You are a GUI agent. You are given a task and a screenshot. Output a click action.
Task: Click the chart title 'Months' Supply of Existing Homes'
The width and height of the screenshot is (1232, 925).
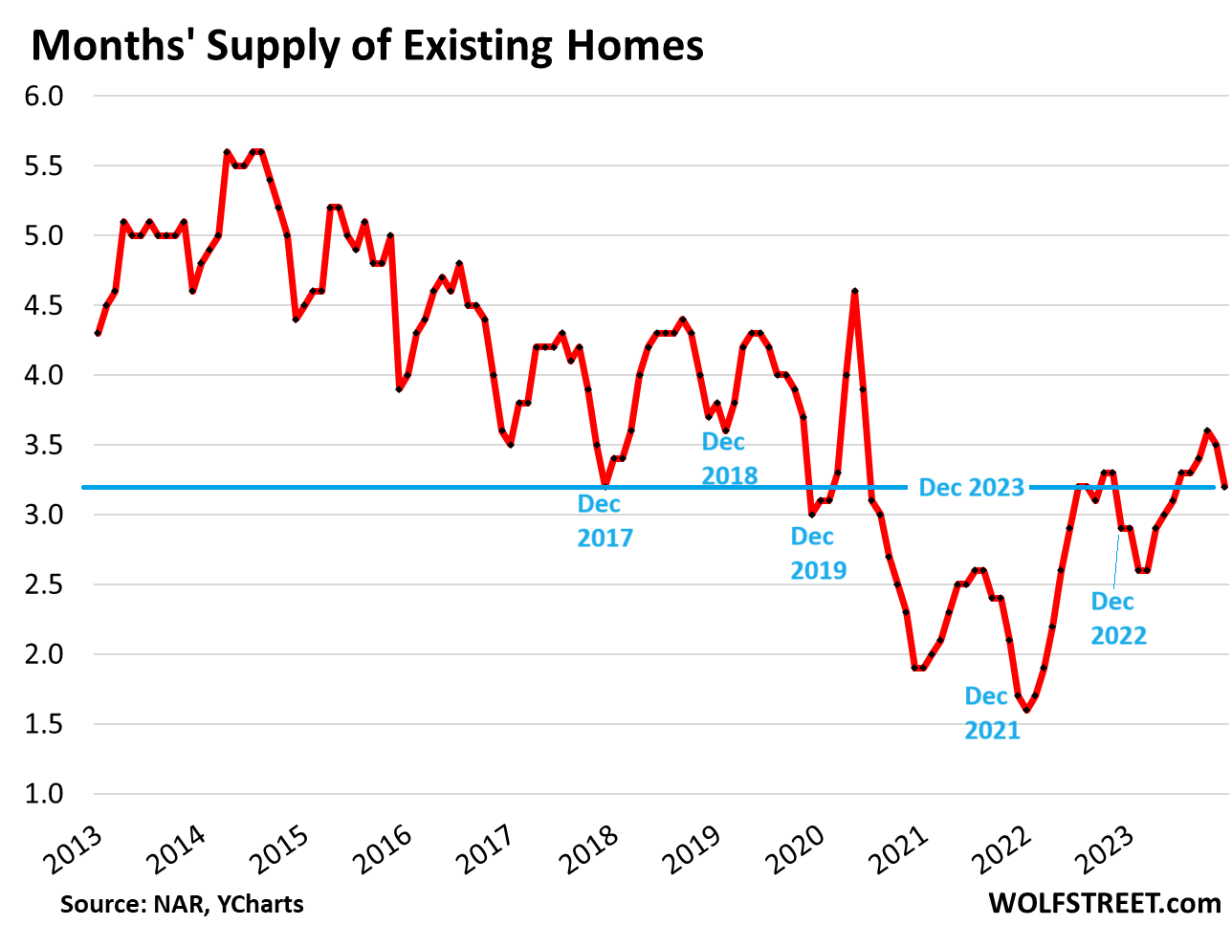tap(367, 45)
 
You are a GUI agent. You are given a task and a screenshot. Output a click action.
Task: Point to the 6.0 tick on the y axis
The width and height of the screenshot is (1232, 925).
tap(43, 97)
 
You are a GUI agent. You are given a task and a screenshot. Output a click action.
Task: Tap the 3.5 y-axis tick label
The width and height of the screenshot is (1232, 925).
tap(43, 446)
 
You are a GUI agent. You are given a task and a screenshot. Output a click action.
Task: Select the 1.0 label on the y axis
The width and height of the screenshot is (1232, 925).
tap(43, 794)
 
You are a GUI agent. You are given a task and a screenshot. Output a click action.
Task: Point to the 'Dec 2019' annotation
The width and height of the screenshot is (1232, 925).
tap(818, 553)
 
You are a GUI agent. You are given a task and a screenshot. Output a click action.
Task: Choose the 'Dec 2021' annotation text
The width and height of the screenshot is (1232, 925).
tap(992, 714)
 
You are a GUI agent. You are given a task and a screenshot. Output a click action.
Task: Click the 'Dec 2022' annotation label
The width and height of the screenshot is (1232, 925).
tap(1118, 618)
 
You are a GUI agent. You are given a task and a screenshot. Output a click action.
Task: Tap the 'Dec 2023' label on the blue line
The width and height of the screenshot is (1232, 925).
tap(971, 488)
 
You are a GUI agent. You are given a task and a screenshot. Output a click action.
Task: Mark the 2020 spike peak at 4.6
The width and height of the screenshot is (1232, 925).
tap(854, 292)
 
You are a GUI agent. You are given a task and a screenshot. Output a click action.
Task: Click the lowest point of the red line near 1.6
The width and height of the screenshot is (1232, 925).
tap(1026, 710)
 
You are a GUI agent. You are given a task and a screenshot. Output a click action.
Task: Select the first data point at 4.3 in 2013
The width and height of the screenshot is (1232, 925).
tap(98, 333)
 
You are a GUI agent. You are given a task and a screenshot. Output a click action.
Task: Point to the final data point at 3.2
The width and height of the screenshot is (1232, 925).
tap(1224, 487)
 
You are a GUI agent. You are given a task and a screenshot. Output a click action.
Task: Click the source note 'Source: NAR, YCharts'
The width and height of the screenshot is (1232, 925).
tap(182, 903)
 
